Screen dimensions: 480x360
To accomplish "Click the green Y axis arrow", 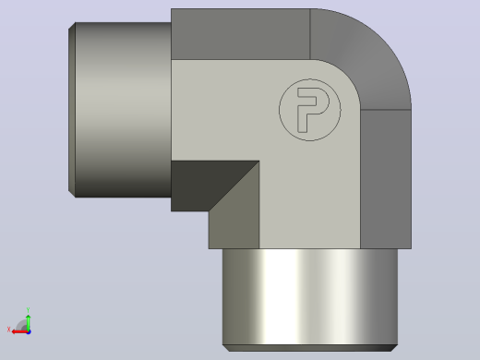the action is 28,321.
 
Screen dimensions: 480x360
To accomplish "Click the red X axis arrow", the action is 19,332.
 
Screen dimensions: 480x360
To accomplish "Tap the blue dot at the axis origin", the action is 29,332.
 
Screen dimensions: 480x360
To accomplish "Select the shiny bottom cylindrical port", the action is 310,297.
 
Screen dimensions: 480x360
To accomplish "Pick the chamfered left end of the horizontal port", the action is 72,110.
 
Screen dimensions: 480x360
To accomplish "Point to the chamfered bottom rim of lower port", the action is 310,348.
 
